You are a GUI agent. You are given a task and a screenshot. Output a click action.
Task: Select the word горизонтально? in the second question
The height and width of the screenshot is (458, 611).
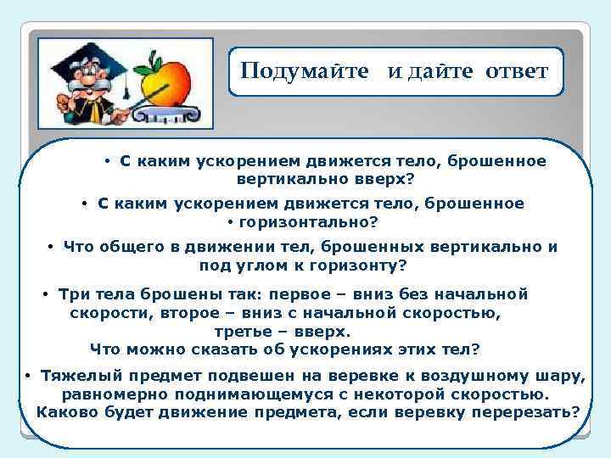(309, 223)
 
